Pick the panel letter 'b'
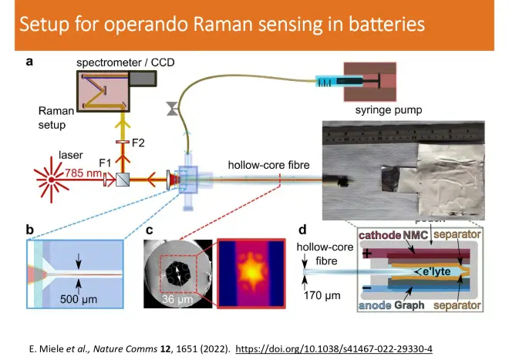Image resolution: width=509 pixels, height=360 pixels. click(x=30, y=229)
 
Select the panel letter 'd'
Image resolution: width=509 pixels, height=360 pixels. click(x=302, y=229)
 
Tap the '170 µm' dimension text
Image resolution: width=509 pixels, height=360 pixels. click(x=324, y=294)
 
